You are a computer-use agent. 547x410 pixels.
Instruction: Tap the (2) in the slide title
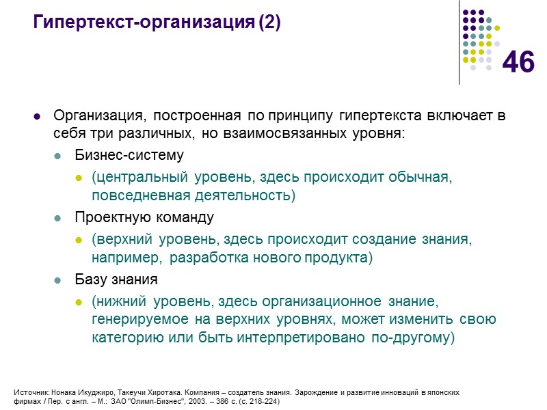pyautogui.click(x=270, y=23)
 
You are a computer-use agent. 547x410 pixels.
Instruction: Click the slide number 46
pyautogui.click(x=518, y=63)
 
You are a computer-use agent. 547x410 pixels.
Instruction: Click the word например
pyautogui.click(x=127, y=258)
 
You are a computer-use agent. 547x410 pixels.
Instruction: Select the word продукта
pyautogui.click(x=342, y=258)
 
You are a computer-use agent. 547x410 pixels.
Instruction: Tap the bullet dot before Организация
pyautogui.click(x=38, y=115)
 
